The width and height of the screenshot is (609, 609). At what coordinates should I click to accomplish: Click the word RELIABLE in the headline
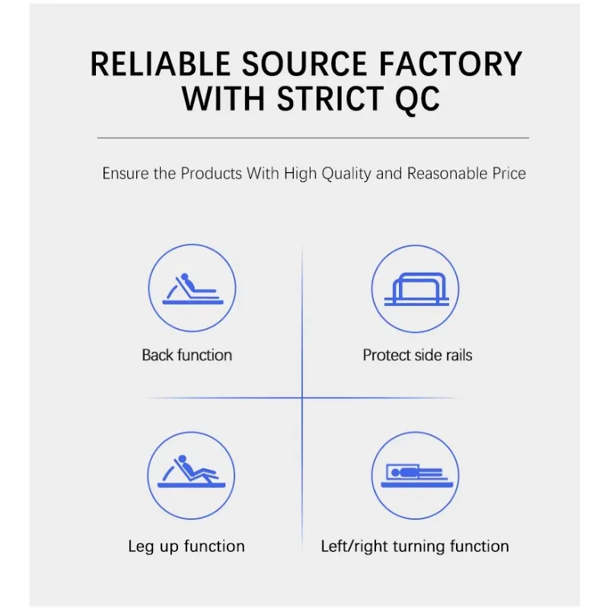pyautogui.click(x=160, y=64)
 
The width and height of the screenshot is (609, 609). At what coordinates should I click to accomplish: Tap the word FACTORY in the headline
pyautogui.click(x=451, y=64)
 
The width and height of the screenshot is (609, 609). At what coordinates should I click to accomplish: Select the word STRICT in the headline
pyautogui.click(x=330, y=99)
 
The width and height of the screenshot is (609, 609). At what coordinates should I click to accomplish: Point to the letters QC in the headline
pyautogui.click(x=417, y=100)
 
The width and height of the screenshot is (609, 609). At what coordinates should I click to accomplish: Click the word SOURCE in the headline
pyautogui.click(x=304, y=64)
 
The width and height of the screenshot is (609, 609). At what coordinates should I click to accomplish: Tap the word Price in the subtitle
pyautogui.click(x=509, y=174)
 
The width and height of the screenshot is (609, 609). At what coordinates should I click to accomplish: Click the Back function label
pyautogui.click(x=187, y=355)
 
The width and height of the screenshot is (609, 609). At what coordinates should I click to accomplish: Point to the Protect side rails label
pyautogui.click(x=417, y=355)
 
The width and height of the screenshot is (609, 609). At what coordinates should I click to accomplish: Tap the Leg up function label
pyautogui.click(x=187, y=547)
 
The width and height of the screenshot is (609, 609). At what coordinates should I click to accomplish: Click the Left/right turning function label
pyautogui.click(x=415, y=547)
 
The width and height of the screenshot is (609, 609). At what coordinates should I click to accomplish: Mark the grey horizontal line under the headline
pyautogui.click(x=313, y=138)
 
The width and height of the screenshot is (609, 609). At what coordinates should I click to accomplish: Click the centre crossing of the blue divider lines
pyautogui.click(x=302, y=397)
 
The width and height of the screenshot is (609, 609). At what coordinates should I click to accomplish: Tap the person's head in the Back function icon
pyautogui.click(x=185, y=277)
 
